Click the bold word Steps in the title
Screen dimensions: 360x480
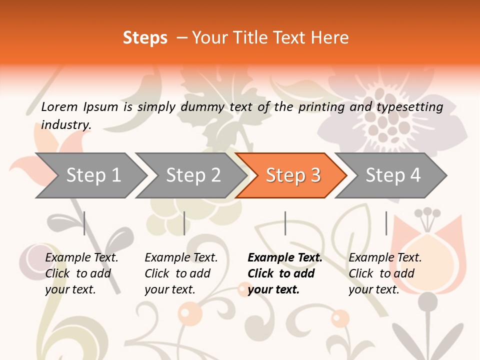pos(145,38)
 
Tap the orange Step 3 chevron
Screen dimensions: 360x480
pos(293,175)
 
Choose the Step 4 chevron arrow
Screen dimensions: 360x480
pos(393,175)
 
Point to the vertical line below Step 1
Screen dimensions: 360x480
pos(84,223)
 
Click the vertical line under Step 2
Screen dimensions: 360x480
pos(184,223)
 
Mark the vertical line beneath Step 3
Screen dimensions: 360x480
pos(285,223)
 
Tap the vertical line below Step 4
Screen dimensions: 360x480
pos(386,223)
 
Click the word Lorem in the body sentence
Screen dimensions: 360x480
pos(59,107)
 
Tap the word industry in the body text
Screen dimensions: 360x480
pos(66,125)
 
